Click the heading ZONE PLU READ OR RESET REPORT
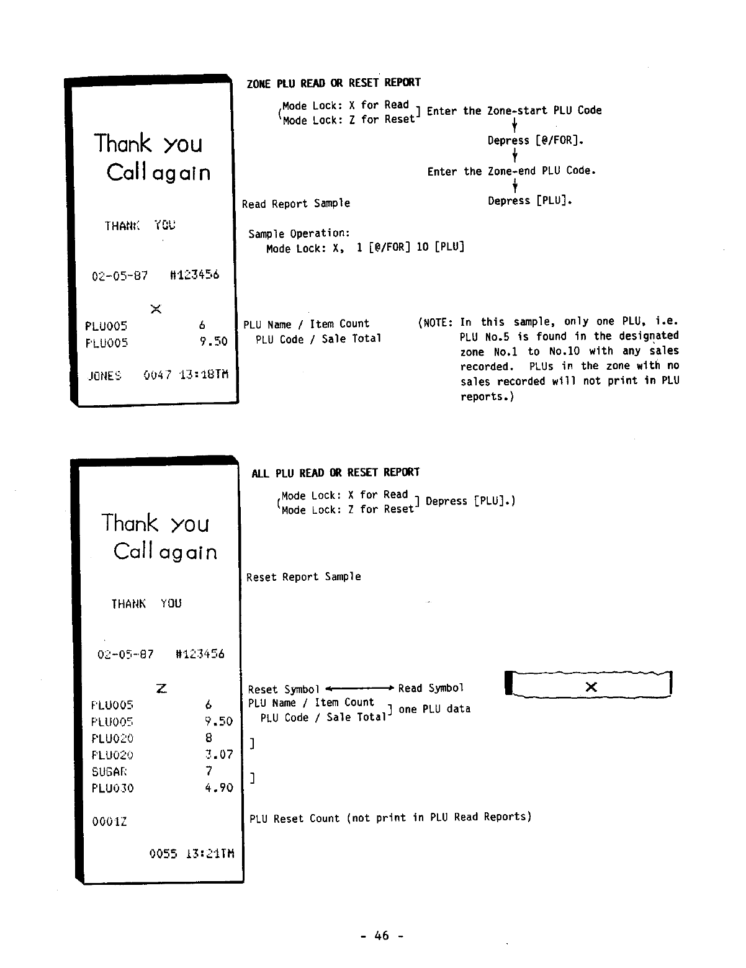333,83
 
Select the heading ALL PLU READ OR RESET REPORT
335,473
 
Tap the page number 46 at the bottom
382,936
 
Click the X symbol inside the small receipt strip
591,687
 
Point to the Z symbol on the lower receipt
161,688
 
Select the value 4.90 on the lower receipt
218,788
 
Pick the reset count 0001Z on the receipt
109,822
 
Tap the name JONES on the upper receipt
105,375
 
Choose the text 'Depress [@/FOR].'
536,141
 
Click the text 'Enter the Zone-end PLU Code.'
511,171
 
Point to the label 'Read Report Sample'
296,204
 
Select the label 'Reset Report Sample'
303,577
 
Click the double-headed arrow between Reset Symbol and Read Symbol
360,688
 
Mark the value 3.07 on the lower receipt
218,755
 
